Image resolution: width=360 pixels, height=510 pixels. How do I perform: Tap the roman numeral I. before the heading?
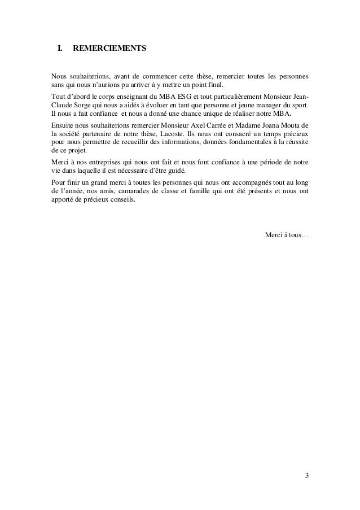coord(58,49)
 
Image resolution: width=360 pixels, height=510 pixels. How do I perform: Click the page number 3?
coord(306,475)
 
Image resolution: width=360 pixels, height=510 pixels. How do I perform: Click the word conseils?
coord(121,200)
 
